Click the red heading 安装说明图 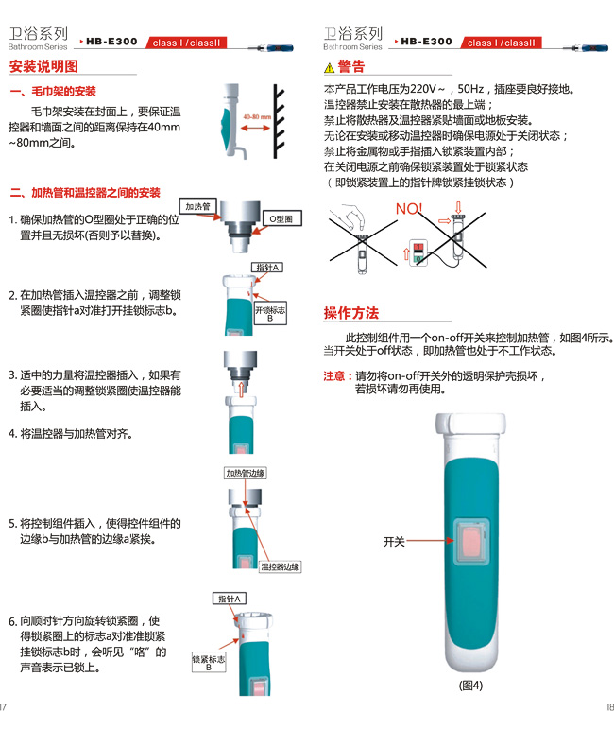click(43, 66)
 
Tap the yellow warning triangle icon click(330, 68)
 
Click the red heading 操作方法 click(351, 313)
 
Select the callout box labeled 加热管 click(197, 206)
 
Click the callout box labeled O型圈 click(281, 218)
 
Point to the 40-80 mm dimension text click(257, 117)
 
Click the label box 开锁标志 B click(270, 313)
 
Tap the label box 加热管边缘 click(246, 473)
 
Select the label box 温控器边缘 click(280, 566)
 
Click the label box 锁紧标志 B click(209, 663)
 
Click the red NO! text click(409, 209)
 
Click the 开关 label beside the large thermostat click(394, 542)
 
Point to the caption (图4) click(470, 686)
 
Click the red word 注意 click(334, 375)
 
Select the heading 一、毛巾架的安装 click(53, 91)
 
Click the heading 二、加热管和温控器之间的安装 click(85, 193)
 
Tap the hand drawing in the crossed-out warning click(350, 216)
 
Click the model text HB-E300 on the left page click(111, 42)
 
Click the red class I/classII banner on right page click(501, 43)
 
